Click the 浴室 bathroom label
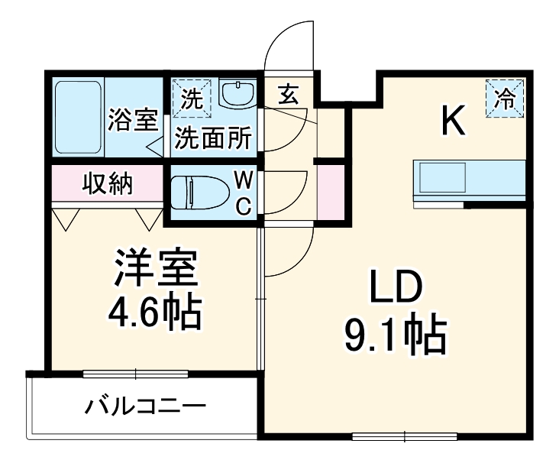(x=133, y=120)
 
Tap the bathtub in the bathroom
(x=78, y=117)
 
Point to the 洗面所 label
(x=214, y=138)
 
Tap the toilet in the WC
(x=195, y=193)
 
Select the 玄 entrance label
(x=287, y=96)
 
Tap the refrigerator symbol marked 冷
(x=505, y=98)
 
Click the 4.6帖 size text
(x=157, y=311)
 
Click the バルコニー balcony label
(x=145, y=404)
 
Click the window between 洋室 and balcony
(x=135, y=374)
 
